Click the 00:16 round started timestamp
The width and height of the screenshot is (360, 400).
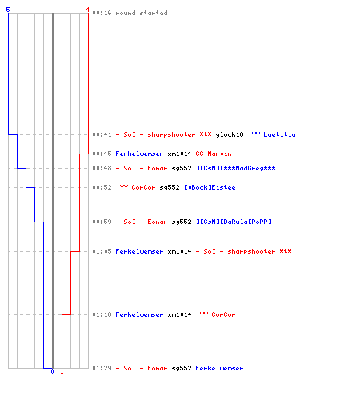102,13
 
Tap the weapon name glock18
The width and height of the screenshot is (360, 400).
230,134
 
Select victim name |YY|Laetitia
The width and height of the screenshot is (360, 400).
272,134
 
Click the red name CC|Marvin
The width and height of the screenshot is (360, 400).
214,154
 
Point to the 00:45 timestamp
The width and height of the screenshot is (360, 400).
102,154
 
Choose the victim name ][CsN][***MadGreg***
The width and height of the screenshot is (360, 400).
236,168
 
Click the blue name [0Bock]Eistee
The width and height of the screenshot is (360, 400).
210,187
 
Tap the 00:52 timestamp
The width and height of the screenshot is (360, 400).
102,187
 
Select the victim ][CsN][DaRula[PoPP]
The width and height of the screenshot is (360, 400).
234,222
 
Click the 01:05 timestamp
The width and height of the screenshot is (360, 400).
102,251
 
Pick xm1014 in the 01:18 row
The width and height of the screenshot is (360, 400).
179,314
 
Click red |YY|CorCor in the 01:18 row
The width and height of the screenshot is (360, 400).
216,314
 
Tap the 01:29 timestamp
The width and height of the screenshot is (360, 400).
102,368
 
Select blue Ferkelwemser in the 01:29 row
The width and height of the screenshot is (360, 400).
219,368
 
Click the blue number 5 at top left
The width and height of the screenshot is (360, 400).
8,10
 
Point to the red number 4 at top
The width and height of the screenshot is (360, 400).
88,10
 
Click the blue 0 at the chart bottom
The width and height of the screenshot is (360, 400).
52,371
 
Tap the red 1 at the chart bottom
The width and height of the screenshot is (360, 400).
62,371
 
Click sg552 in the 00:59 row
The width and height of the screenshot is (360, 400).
182,222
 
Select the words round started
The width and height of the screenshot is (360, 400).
142,13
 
